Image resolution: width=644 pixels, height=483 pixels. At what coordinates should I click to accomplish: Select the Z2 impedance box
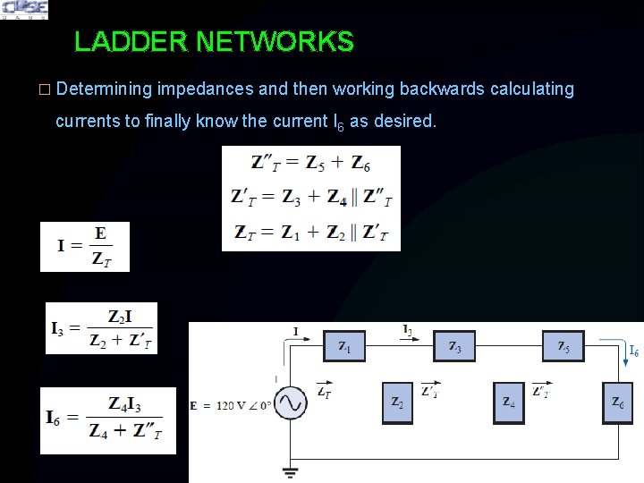397,402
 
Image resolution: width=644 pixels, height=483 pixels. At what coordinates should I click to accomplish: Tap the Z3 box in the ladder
453,345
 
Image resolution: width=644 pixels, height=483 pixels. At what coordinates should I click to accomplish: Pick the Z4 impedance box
509,402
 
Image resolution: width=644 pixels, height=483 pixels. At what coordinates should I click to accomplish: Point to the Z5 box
563,345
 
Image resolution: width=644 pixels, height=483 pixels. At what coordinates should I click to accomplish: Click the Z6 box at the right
618,402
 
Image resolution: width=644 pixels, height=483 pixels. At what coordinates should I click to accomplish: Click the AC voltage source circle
290,404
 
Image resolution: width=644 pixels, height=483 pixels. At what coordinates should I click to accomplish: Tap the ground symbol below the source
290,469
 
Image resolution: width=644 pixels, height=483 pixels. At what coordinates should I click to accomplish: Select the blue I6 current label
632,352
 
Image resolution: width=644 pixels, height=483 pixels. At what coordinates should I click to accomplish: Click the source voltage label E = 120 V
228,404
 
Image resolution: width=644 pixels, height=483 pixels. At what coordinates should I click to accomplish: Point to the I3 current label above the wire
408,330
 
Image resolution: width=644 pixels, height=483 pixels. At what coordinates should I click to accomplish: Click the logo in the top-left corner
24,10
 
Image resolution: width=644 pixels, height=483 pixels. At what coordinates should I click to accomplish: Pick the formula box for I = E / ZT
85,247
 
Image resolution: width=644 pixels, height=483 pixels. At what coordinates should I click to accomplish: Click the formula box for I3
101,328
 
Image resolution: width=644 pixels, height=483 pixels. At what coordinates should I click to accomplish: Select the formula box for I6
108,420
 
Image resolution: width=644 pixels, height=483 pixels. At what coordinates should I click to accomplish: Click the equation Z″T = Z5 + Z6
310,164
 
